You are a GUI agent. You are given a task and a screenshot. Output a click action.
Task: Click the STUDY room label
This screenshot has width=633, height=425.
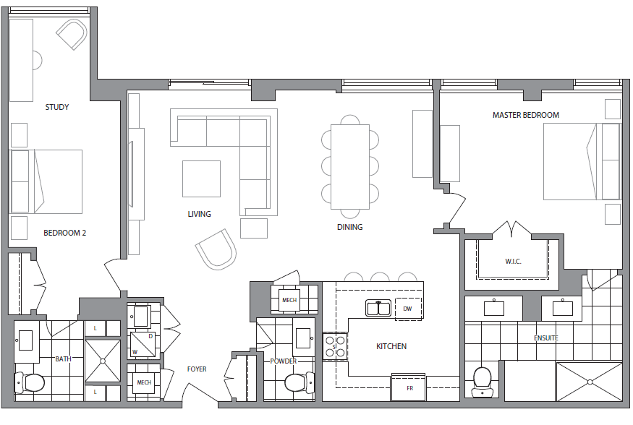57,107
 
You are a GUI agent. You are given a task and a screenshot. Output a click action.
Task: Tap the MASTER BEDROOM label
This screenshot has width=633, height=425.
525,115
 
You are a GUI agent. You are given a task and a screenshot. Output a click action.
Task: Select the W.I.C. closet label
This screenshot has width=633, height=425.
513,261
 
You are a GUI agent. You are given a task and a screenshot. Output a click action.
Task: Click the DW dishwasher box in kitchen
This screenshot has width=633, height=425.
407,309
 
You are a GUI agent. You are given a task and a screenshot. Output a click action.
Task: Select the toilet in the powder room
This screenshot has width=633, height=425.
298,382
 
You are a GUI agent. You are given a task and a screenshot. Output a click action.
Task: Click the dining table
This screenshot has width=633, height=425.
350,167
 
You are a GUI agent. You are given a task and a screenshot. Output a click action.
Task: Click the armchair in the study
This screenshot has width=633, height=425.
72,34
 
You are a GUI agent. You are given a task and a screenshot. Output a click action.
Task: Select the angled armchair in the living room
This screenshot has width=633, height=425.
216,249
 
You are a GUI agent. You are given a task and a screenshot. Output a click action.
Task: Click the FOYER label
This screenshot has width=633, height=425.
197,369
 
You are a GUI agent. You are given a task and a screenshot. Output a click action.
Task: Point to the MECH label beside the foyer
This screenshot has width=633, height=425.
143,382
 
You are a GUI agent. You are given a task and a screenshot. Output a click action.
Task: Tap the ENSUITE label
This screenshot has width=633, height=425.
545,338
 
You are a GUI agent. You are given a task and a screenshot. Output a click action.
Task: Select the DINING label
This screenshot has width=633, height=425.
349,227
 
